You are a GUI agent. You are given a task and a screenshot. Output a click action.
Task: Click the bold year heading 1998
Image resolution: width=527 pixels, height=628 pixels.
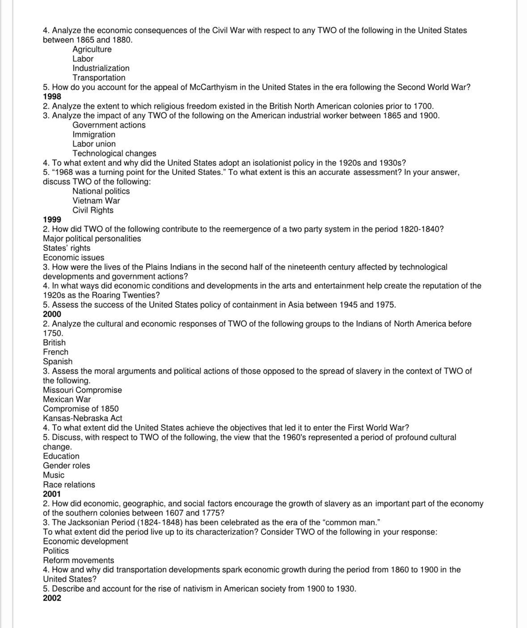coord(52,96)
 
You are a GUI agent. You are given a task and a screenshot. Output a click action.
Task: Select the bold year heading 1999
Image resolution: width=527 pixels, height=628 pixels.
coord(52,219)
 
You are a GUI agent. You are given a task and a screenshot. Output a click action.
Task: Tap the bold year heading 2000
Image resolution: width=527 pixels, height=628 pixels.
coord(52,314)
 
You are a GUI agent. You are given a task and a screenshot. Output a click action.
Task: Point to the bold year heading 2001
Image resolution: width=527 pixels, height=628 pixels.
coord(52,494)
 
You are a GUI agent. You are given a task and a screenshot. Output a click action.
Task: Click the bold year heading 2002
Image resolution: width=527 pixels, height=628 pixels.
coord(52,598)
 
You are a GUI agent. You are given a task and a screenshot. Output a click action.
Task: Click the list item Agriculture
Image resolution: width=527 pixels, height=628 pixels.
coord(92,49)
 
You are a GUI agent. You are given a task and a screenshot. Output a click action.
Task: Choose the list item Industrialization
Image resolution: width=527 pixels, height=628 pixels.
coord(101,68)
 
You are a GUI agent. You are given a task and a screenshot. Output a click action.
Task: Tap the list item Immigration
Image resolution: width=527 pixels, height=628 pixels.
coord(94,135)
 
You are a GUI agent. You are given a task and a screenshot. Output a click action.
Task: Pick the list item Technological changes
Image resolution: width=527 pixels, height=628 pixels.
coord(114,153)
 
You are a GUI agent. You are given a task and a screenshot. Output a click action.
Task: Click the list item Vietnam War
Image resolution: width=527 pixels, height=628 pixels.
coord(96,201)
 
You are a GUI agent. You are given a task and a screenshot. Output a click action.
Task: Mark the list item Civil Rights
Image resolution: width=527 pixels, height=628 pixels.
coord(93,210)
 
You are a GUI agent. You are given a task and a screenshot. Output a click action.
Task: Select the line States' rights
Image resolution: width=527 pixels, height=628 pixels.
coord(66,248)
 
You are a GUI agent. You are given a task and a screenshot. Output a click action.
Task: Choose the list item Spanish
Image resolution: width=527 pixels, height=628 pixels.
coord(58,361)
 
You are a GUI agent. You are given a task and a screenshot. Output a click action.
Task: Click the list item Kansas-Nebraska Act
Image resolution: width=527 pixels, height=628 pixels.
coord(83,418)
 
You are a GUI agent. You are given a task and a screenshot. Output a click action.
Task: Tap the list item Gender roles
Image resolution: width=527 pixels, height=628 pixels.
coord(66,465)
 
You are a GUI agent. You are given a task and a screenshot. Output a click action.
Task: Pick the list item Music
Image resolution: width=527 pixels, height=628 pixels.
coord(54,475)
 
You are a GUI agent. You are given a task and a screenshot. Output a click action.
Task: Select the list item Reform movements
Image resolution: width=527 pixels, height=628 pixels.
coord(78,560)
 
